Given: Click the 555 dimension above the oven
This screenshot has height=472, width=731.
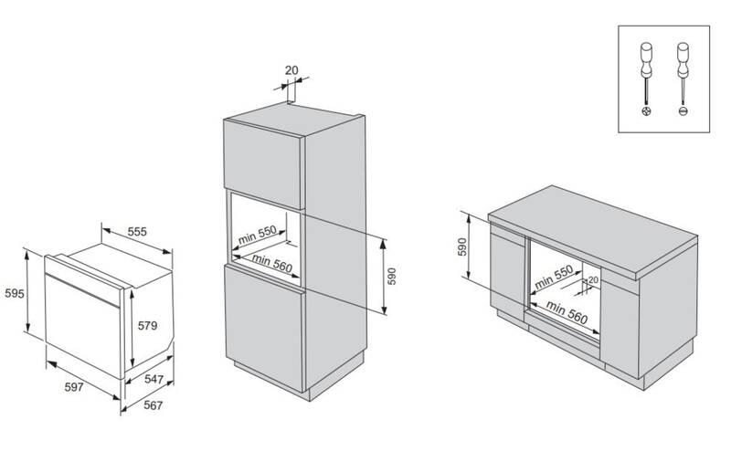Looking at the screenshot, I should pos(137,233).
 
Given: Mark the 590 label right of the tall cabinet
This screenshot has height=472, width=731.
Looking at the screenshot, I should pos(392,278).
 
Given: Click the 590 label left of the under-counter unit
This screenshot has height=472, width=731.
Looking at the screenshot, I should pos(462,246).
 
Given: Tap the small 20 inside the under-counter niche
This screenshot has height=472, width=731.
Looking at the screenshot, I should pos(593,280).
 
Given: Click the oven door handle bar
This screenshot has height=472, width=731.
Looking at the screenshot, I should pos(84,281).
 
